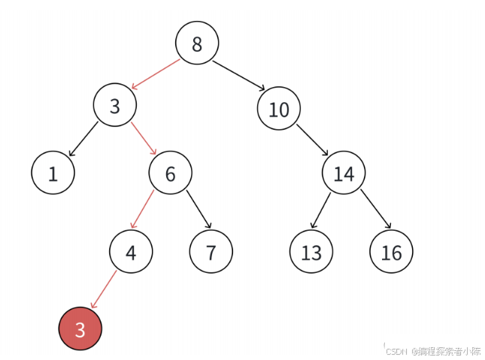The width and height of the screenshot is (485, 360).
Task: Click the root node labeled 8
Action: [197, 44]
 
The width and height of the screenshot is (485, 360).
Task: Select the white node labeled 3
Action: [115, 107]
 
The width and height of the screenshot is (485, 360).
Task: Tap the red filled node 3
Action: [80, 328]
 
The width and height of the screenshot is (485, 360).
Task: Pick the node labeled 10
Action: [278, 110]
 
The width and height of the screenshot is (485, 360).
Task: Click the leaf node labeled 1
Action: [53, 174]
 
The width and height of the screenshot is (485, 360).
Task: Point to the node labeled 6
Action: [170, 174]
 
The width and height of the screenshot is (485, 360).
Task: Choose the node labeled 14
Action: [344, 174]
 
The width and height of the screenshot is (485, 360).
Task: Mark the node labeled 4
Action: [131, 252]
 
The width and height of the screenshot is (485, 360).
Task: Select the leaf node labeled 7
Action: [211, 252]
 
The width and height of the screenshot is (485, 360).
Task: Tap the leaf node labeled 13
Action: [311, 252]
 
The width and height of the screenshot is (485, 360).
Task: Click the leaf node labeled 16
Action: [391, 252]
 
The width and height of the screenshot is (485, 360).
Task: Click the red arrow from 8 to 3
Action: [156, 73]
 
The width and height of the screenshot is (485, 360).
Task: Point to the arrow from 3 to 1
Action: [83, 139]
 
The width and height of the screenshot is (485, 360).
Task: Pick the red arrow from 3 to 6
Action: [144, 138]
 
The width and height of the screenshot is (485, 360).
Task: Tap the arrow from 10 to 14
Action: [312, 140]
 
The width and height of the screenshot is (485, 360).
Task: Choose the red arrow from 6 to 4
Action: [143, 210]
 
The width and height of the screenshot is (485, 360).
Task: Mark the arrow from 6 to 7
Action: [199, 210]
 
